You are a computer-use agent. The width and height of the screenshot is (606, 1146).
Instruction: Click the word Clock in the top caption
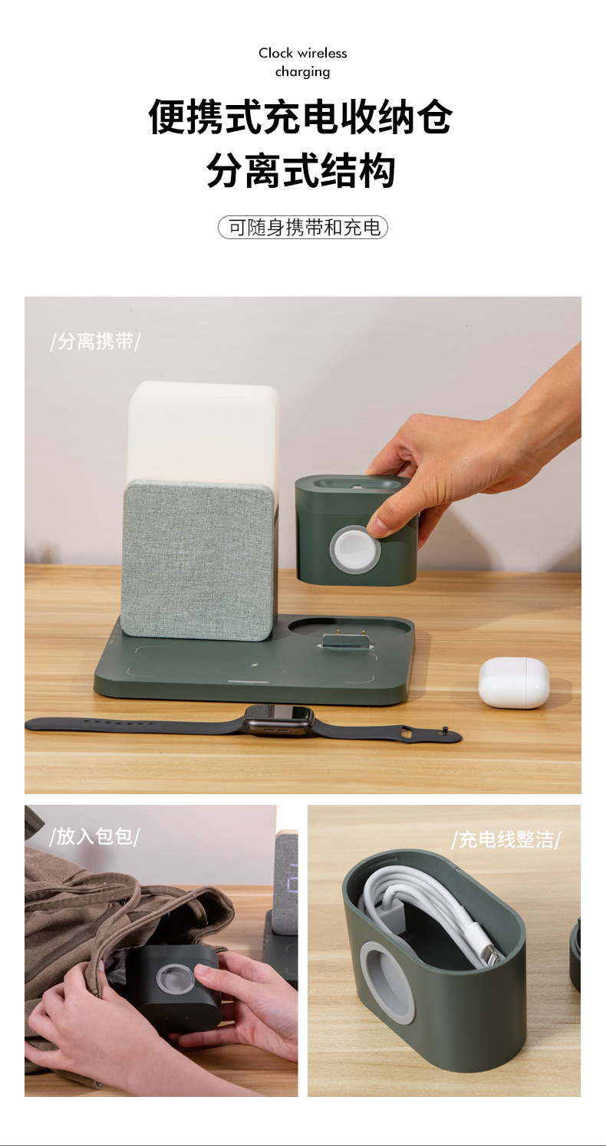pyautogui.click(x=275, y=53)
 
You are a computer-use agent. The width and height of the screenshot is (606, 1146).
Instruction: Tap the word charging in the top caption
pyautogui.click(x=302, y=72)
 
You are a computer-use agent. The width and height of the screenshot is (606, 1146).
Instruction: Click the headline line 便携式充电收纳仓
pyautogui.click(x=301, y=118)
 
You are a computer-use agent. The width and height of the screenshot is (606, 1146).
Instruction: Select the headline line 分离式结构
pyautogui.click(x=301, y=170)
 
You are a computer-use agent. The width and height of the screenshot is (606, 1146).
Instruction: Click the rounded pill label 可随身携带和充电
pyautogui.click(x=303, y=228)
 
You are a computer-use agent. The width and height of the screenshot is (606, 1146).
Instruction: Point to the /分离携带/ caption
pyautogui.click(x=95, y=342)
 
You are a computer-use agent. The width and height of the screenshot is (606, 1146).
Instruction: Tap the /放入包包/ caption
pyautogui.click(x=94, y=836)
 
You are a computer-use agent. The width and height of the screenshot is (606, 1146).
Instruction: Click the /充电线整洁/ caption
pyautogui.click(x=506, y=839)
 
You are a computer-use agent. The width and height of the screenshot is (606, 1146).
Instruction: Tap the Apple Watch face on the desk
pyautogui.click(x=278, y=717)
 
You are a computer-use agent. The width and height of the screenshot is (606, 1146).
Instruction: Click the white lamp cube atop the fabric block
pyautogui.click(x=202, y=429)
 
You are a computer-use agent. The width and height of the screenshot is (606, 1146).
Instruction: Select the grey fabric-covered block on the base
pyautogui.click(x=198, y=560)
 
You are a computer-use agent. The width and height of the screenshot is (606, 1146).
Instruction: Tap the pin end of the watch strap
pyautogui.click(x=443, y=735)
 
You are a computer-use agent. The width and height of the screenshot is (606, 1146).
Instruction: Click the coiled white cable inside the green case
pyautogui.click(x=418, y=905)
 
